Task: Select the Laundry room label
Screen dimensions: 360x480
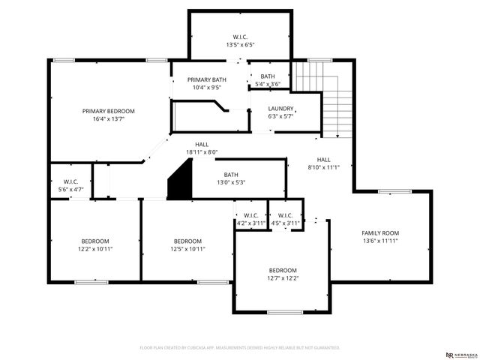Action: click(281, 109)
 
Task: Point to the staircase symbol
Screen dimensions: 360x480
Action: click(323, 98)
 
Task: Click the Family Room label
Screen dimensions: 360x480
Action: click(380, 233)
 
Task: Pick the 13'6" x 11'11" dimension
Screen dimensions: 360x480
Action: click(380, 241)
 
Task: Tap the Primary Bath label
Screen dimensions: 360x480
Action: click(206, 79)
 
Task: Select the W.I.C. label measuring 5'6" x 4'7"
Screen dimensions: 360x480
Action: click(71, 181)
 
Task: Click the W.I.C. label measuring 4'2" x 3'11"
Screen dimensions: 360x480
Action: click(251, 215)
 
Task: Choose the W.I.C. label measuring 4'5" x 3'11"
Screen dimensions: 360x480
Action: click(285, 215)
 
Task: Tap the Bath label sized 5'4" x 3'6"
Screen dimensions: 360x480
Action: click(268, 76)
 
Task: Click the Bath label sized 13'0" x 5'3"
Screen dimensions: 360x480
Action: click(230, 175)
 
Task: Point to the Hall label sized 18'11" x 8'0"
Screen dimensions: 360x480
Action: click(202, 144)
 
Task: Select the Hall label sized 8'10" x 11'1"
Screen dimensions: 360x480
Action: click(323, 160)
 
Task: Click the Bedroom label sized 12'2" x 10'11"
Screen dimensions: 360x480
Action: click(94, 241)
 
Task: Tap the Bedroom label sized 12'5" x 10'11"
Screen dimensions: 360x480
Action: click(188, 241)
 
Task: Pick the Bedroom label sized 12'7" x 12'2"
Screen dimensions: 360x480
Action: click(283, 270)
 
